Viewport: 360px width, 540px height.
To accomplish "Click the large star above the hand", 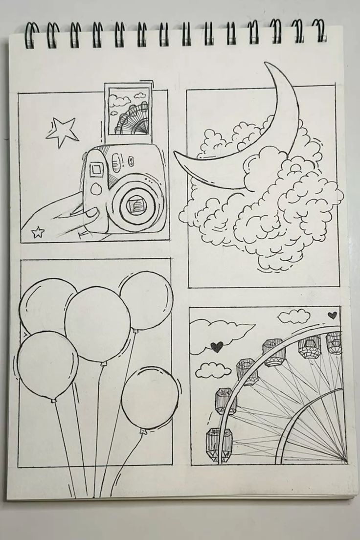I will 62,132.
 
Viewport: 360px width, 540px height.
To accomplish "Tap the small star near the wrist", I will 38,232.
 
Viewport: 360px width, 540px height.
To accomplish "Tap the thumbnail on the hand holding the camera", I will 91,214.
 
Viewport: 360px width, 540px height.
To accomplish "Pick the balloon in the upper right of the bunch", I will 145,300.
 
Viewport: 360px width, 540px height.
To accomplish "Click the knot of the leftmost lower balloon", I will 53,401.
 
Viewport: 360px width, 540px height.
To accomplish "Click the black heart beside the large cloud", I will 217,347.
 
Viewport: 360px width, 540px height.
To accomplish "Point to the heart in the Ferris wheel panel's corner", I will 333,315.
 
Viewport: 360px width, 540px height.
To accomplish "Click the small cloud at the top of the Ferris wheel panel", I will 293,316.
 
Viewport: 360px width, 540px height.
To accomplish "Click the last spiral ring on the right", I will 320,32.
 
